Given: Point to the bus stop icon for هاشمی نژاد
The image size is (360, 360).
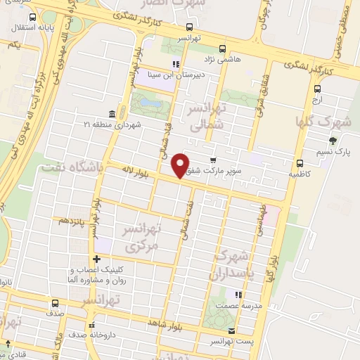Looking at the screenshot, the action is [x=223, y=49].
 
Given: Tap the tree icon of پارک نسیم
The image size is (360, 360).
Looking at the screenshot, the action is [x=332, y=140].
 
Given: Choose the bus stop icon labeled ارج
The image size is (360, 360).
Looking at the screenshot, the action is [x=318, y=89].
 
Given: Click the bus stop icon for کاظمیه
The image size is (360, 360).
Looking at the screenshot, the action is [x=300, y=162].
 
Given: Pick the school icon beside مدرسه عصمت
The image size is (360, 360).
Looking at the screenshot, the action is [x=239, y=295].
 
